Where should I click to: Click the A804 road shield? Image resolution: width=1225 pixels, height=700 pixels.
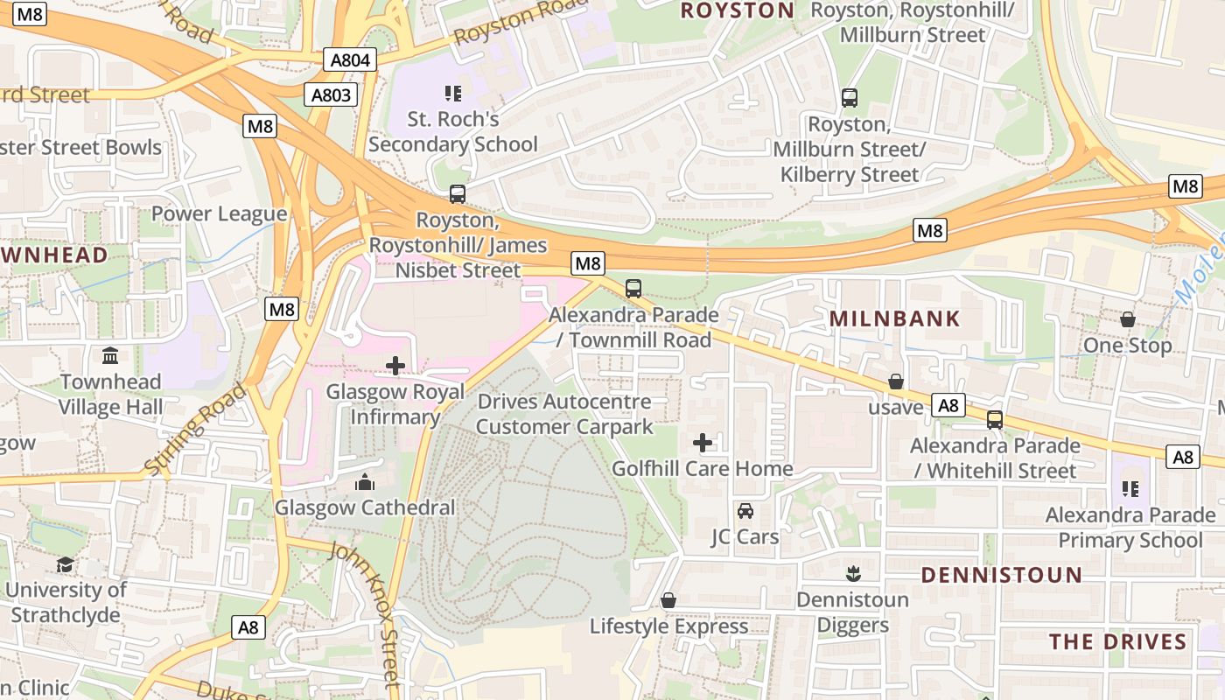click(x=350, y=60)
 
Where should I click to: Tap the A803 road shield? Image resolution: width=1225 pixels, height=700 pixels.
click(x=331, y=94)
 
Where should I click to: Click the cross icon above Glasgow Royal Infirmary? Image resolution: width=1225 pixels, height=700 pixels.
click(x=395, y=366)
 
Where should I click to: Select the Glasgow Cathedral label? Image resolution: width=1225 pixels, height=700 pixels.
click(x=365, y=507)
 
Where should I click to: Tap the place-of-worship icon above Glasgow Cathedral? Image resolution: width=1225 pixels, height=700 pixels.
click(x=365, y=482)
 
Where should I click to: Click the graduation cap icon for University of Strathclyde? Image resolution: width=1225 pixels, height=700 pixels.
click(x=65, y=564)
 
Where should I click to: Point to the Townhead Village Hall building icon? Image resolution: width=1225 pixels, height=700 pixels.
click(x=110, y=356)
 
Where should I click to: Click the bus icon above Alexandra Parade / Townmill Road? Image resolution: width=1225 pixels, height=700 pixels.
click(x=633, y=289)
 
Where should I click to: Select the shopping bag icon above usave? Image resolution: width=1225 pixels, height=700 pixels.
click(x=895, y=381)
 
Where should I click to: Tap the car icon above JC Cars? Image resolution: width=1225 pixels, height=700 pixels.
click(x=745, y=511)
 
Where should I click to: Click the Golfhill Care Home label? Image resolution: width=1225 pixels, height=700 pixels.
click(x=702, y=469)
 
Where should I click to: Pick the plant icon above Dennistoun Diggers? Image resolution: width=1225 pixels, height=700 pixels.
click(x=853, y=574)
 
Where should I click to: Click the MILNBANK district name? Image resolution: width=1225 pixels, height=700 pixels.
click(x=894, y=318)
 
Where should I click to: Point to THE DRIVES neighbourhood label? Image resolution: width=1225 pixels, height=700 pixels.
click(x=1117, y=641)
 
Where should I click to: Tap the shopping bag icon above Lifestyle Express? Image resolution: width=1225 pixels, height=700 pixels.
click(x=668, y=600)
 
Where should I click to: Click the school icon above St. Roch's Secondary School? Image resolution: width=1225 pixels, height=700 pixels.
click(x=452, y=93)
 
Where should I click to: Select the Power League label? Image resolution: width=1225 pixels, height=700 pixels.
click(x=219, y=214)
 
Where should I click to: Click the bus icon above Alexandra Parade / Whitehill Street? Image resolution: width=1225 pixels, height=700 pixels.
click(x=994, y=420)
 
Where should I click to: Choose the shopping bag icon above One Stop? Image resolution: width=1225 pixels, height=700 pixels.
click(x=1127, y=320)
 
